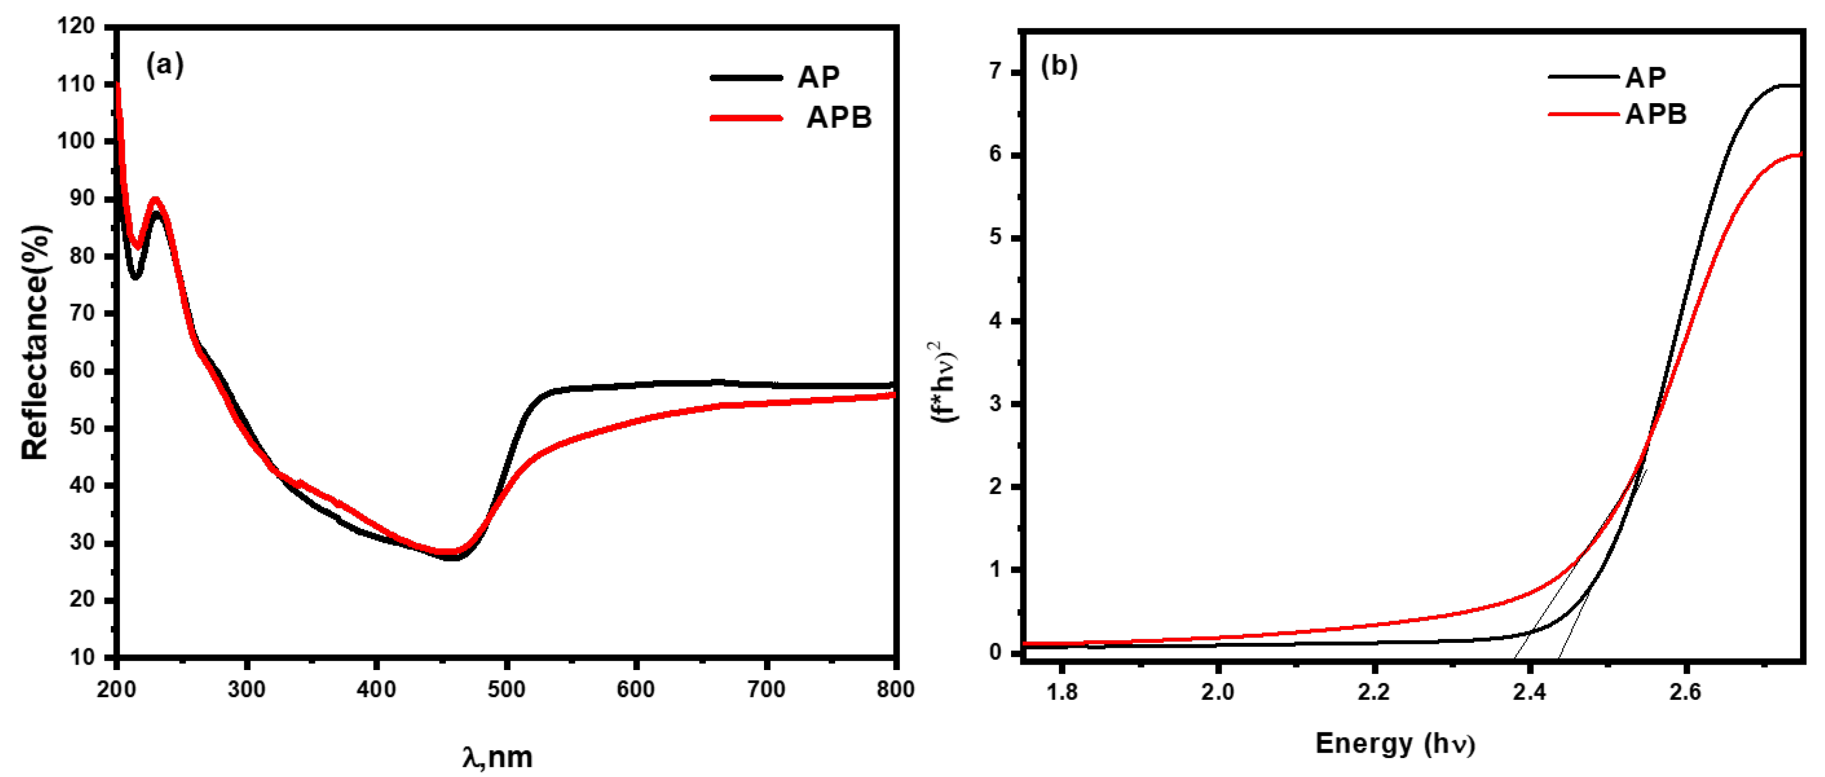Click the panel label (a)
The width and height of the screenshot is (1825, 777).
(x=165, y=65)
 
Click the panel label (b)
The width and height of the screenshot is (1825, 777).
(x=1058, y=66)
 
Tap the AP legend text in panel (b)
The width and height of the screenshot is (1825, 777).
(x=1645, y=77)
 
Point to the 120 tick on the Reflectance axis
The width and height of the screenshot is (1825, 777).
(x=76, y=27)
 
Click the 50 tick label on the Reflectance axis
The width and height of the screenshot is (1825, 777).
(x=81, y=427)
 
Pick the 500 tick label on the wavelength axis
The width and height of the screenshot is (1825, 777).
(x=507, y=689)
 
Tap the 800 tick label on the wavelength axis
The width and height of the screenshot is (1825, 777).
(x=895, y=689)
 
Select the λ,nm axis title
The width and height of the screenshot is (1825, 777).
(x=497, y=757)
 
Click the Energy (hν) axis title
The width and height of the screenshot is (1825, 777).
(x=1395, y=744)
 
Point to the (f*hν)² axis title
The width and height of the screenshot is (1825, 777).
(x=944, y=382)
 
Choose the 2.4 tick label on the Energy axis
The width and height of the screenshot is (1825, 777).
(x=1530, y=691)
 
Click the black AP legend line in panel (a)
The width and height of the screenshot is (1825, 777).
(x=746, y=78)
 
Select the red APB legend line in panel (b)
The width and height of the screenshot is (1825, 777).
(x=1583, y=114)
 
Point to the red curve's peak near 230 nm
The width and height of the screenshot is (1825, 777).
(x=156, y=200)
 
